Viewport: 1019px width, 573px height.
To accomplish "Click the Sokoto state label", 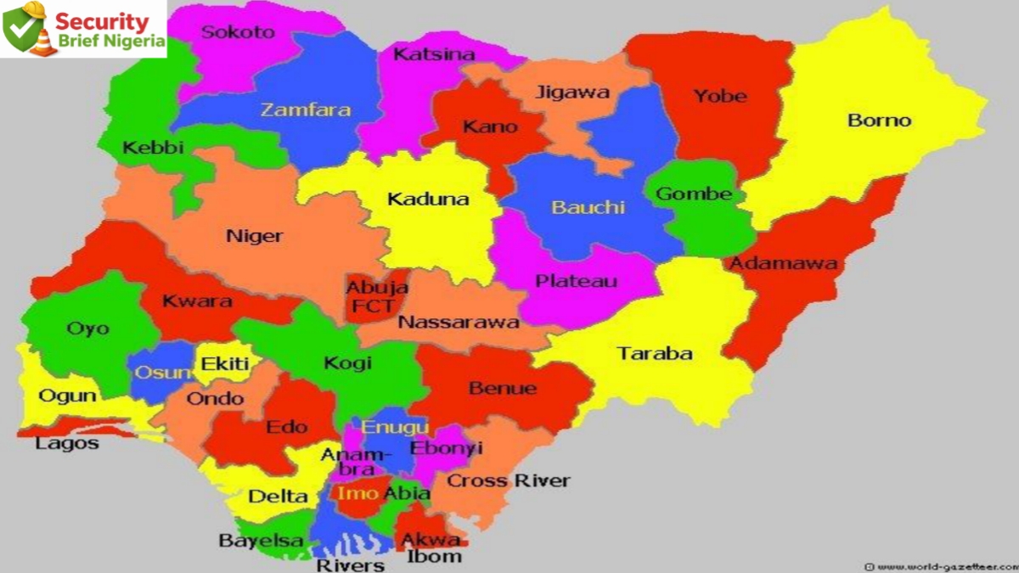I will pyautogui.click(x=238, y=32).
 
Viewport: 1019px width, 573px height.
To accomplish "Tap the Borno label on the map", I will pyautogui.click(x=879, y=120).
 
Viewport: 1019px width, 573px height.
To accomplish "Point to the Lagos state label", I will pyautogui.click(x=67, y=443).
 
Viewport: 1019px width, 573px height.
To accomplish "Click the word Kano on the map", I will pyautogui.click(x=489, y=126).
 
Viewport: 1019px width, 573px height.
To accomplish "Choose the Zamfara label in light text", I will pyautogui.click(x=305, y=110).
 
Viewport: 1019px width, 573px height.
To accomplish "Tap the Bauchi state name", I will pyautogui.click(x=588, y=206).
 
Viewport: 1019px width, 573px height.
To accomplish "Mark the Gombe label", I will pyautogui.click(x=694, y=194).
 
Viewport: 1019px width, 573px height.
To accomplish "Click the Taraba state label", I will pyautogui.click(x=654, y=353).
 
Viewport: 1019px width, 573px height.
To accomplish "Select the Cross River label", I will pyautogui.click(x=508, y=480).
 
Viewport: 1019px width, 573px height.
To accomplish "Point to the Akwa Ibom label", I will pyautogui.click(x=431, y=548).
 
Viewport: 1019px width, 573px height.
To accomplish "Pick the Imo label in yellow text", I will pyautogui.click(x=352, y=493).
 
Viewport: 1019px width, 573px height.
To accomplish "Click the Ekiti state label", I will pyautogui.click(x=225, y=364).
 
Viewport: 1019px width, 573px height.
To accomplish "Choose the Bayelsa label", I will pyautogui.click(x=249, y=540).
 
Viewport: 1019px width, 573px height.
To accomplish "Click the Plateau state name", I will pyautogui.click(x=576, y=281).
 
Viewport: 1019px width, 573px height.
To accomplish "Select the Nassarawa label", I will pyautogui.click(x=459, y=323).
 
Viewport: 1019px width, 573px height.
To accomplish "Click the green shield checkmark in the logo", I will pyautogui.click(x=20, y=29).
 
